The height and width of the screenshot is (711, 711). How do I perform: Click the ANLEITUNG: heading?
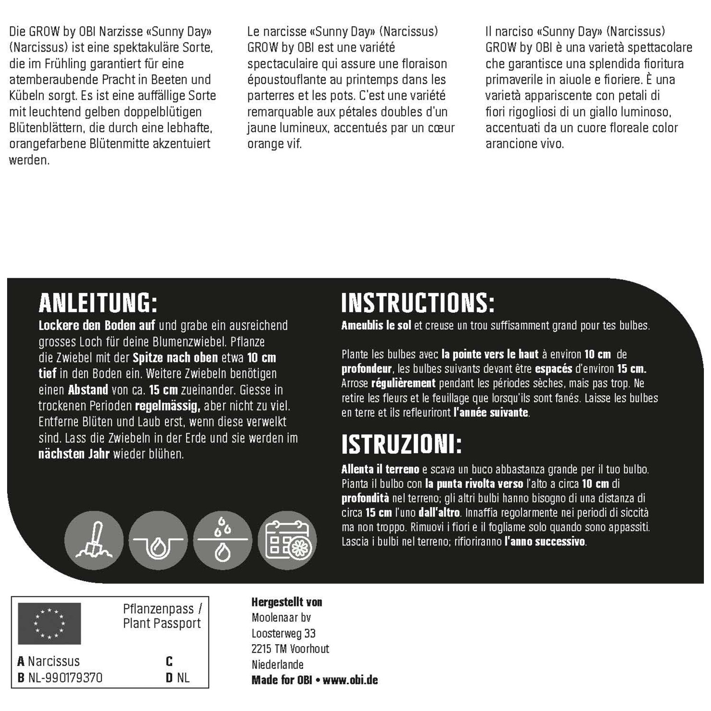(x=98, y=303)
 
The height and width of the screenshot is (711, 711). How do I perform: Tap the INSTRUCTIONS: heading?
(x=418, y=303)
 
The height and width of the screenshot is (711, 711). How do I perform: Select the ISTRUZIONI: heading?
(x=401, y=444)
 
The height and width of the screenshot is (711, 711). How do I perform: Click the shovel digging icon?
(x=94, y=540)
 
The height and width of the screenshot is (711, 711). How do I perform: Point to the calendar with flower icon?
(x=287, y=540)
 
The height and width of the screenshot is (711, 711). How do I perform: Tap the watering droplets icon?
(x=223, y=540)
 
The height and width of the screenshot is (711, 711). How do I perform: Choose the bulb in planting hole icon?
(x=158, y=540)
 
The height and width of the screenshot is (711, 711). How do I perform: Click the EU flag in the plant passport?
(x=49, y=623)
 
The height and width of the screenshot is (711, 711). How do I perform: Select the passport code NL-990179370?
(x=65, y=678)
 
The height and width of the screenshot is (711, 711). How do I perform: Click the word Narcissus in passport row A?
(x=54, y=661)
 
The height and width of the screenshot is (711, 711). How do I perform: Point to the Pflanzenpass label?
(x=158, y=609)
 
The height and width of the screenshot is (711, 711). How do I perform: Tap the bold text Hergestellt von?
(x=287, y=602)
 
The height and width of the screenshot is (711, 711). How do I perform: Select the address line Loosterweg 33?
(x=283, y=633)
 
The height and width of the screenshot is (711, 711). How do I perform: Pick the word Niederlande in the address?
(x=277, y=665)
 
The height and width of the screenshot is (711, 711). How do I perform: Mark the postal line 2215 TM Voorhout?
(x=290, y=649)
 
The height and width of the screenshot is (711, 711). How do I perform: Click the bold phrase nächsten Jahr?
(x=74, y=454)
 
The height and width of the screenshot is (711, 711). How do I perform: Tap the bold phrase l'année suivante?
(x=491, y=412)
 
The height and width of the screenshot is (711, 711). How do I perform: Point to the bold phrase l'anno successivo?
(x=545, y=541)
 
